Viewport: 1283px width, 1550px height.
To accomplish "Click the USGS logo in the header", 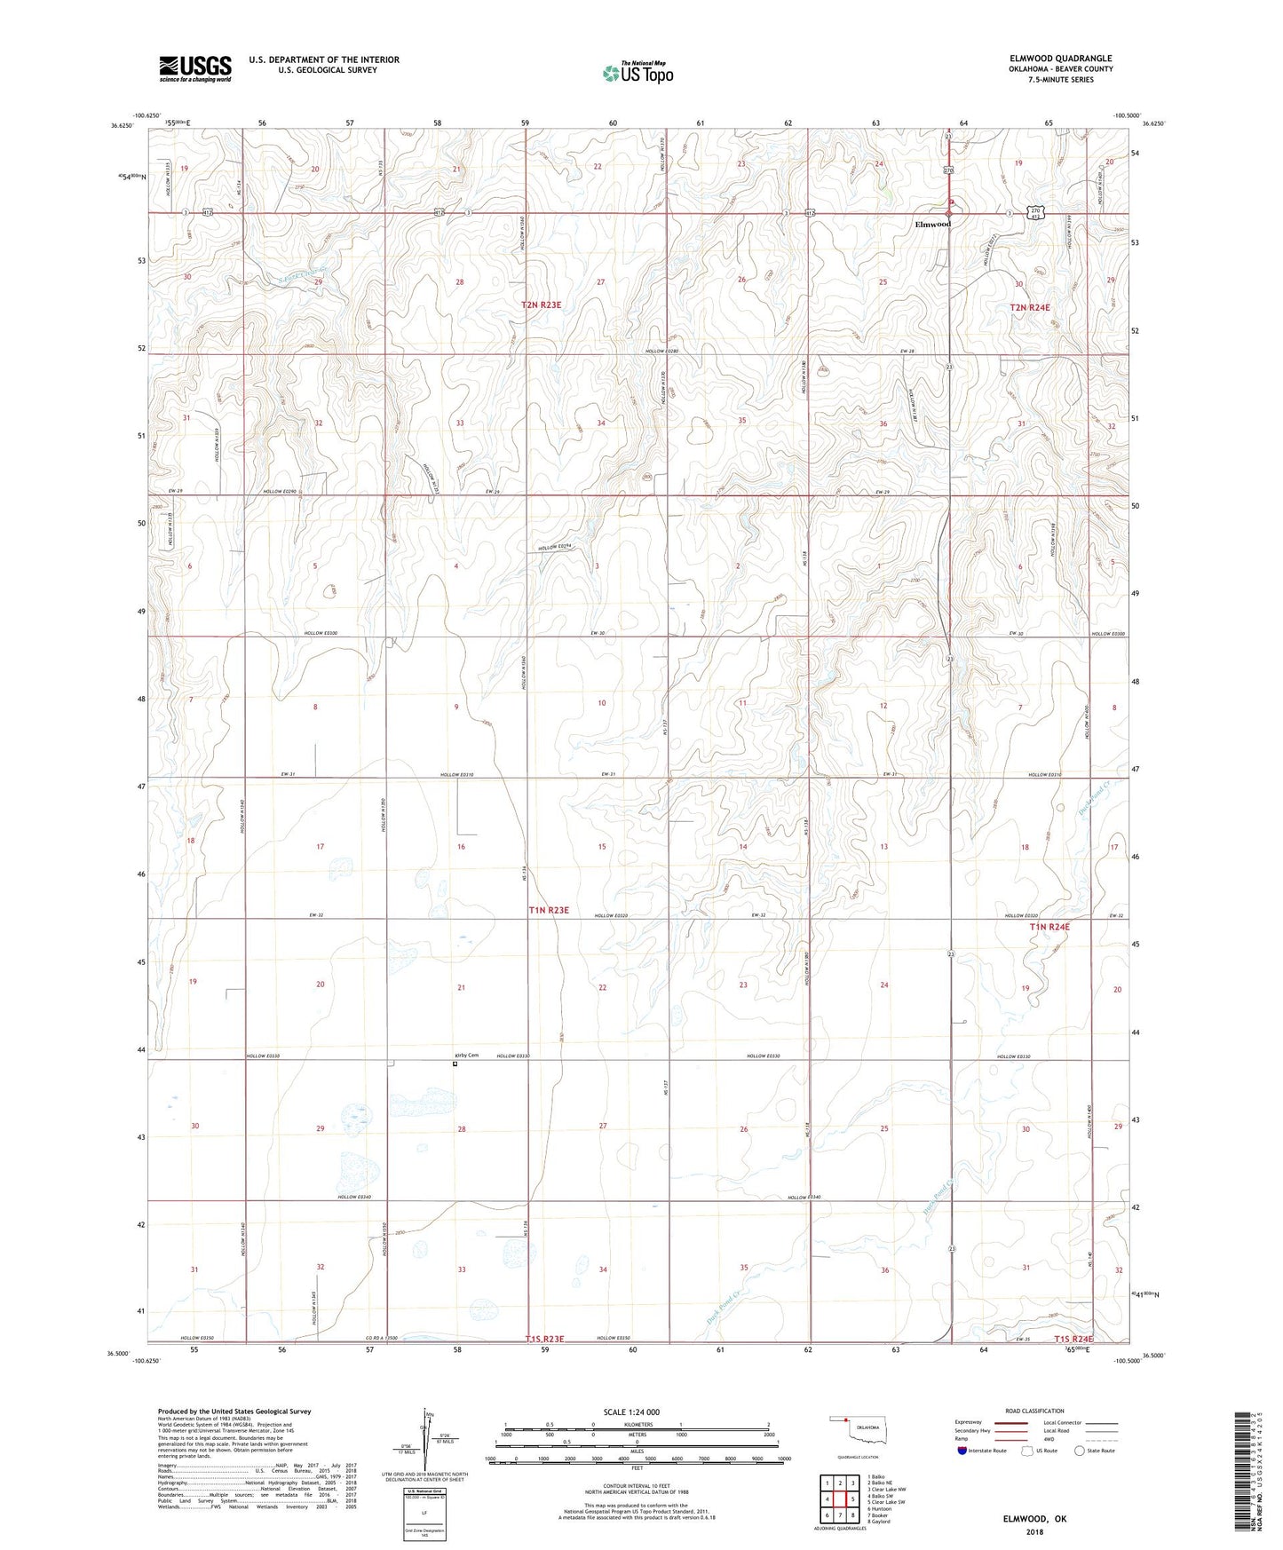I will [195, 68].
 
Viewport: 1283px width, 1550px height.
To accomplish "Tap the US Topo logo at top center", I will [638, 73].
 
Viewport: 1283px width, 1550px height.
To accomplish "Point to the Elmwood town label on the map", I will [932, 224].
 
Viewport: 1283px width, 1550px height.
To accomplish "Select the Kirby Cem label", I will [467, 1056].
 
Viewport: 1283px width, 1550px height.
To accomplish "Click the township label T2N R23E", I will [541, 304].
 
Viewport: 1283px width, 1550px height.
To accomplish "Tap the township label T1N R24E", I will [1049, 927].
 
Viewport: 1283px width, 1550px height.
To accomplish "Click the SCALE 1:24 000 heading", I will [631, 1412].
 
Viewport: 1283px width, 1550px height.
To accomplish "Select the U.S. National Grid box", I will [424, 1510].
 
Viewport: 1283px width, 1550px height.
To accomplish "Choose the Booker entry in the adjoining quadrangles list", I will [878, 1515].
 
